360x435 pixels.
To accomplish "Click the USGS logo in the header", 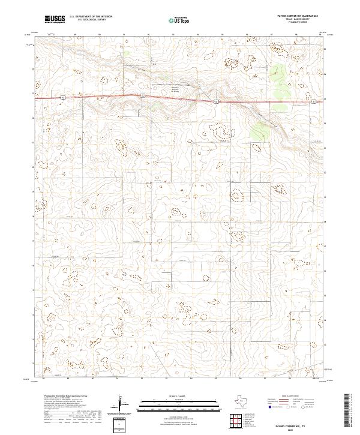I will (55, 19).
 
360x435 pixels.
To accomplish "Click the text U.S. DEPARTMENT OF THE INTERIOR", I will (90, 16).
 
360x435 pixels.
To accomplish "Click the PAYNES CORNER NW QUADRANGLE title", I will (294, 16).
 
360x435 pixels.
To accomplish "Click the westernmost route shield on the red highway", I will (62, 97).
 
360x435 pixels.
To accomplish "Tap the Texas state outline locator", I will (245, 401).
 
